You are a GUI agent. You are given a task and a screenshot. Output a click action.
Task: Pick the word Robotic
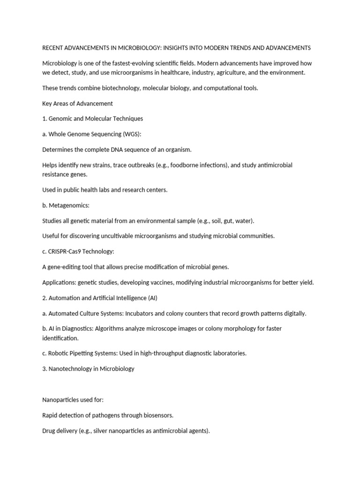point(60,353)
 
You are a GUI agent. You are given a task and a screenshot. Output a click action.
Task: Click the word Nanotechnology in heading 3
point(72,368)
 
